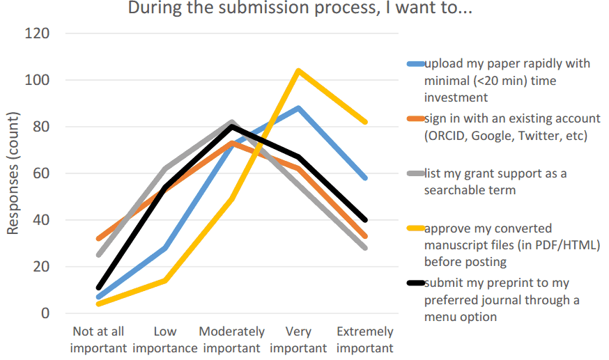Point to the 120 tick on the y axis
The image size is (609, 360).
[38, 33]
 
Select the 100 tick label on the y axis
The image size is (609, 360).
[38, 80]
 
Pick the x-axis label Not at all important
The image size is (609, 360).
[98, 340]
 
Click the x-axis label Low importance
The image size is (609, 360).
[165, 340]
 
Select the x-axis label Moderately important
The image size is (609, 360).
[232, 340]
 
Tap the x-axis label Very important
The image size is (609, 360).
[298, 340]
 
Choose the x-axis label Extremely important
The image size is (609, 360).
[365, 340]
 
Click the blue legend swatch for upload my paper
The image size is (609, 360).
[415, 64]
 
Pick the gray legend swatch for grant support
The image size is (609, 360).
[415, 174]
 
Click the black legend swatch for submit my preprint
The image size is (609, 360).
[415, 283]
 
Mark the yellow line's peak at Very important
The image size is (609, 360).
[298, 70]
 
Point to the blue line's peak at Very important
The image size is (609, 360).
[298, 108]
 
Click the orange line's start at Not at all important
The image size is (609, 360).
[98, 238]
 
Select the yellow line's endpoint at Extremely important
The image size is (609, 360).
[365, 122]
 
